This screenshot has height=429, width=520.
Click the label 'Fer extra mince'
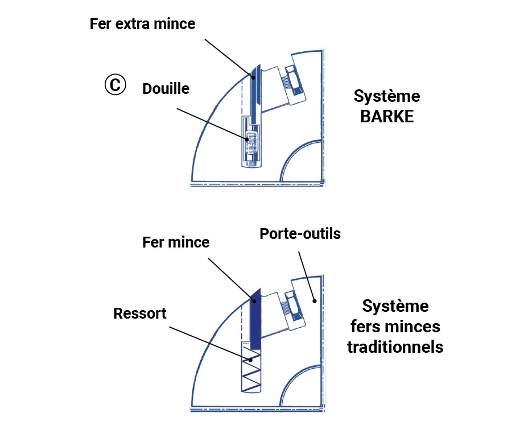pos(142,24)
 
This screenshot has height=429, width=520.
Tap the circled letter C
pos(114,85)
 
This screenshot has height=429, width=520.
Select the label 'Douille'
pos(166,89)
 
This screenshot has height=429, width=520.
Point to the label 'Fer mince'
pos(176,242)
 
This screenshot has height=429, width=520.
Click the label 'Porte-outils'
pos(300,233)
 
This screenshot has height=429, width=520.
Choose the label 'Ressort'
pos(140,313)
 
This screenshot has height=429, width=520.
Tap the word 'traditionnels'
pos(395,346)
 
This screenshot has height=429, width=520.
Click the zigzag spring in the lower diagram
pos(251,370)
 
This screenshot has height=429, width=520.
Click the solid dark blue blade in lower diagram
pos(255,321)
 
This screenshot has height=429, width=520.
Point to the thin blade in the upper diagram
pos(255,91)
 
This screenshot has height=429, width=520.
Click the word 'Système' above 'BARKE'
pos(386,96)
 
